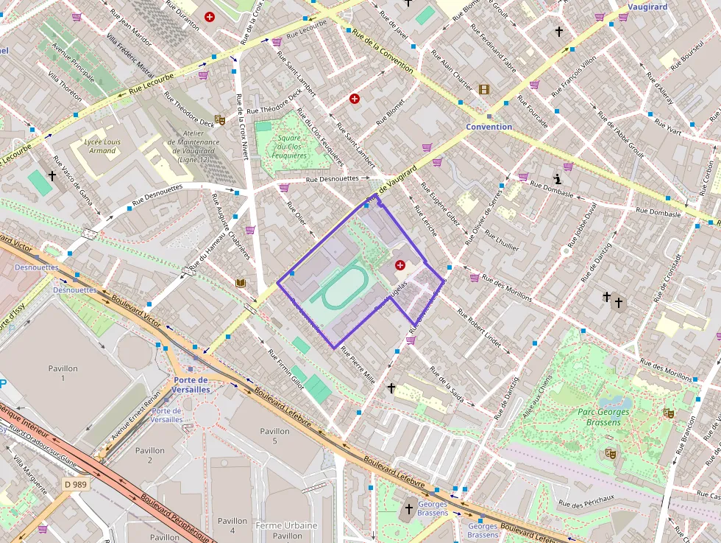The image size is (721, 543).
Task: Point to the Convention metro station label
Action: [489, 127]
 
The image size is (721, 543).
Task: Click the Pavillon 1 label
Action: [63, 373]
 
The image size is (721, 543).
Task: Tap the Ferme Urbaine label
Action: [286, 525]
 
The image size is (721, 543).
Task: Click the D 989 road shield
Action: [75, 484]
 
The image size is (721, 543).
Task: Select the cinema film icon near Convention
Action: [483, 89]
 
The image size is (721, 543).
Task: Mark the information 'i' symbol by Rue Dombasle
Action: [558, 179]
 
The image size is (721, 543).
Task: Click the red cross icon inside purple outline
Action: [399, 265]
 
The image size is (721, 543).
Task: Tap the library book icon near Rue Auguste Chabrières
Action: [240, 283]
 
